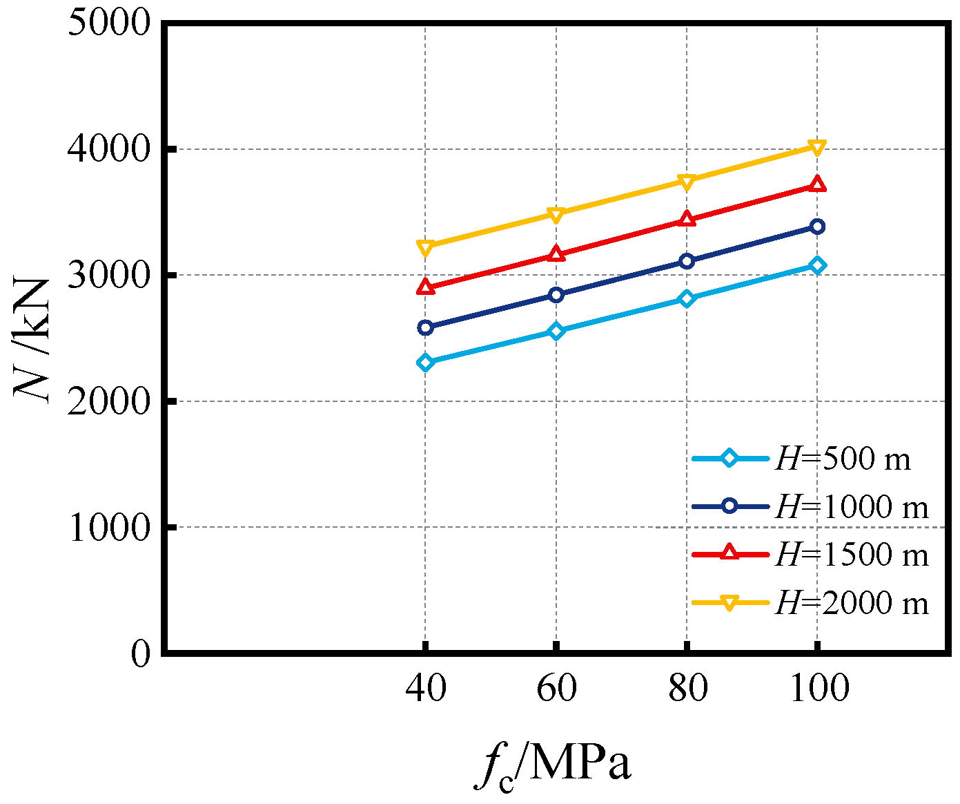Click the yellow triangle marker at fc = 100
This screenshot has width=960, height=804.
tap(817, 147)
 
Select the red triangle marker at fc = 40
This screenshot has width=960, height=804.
tap(426, 287)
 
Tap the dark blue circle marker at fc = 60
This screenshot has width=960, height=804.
tap(556, 295)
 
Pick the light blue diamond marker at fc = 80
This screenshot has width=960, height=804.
tap(686, 298)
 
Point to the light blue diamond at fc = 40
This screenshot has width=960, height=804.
tap(426, 363)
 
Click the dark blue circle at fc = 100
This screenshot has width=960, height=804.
tap(817, 227)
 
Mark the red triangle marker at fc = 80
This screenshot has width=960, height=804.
tap(686, 219)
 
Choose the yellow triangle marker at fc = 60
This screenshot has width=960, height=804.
tap(556, 214)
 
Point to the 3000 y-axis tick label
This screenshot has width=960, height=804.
tap(109, 275)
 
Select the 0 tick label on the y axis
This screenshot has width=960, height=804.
tap(140, 653)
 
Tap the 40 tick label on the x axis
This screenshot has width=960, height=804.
tap(426, 688)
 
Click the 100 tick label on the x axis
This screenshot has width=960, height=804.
tap(819, 688)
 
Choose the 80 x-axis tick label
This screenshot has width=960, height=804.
tap(687, 688)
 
